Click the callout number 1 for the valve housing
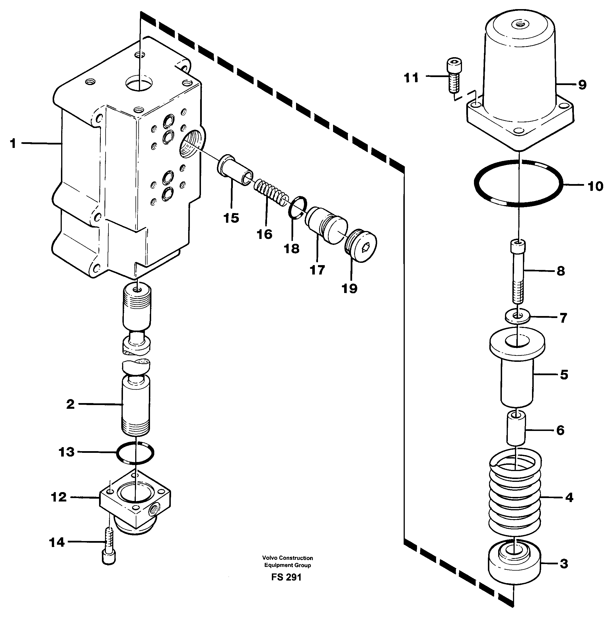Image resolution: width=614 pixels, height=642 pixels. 13,143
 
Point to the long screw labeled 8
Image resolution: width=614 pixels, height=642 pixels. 518,271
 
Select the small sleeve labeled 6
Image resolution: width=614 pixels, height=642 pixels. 516,428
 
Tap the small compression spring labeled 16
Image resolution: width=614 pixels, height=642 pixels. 271,193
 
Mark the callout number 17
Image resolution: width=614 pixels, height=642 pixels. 317,270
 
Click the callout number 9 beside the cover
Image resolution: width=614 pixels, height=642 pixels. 582,85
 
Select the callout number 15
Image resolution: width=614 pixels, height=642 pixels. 231,218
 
